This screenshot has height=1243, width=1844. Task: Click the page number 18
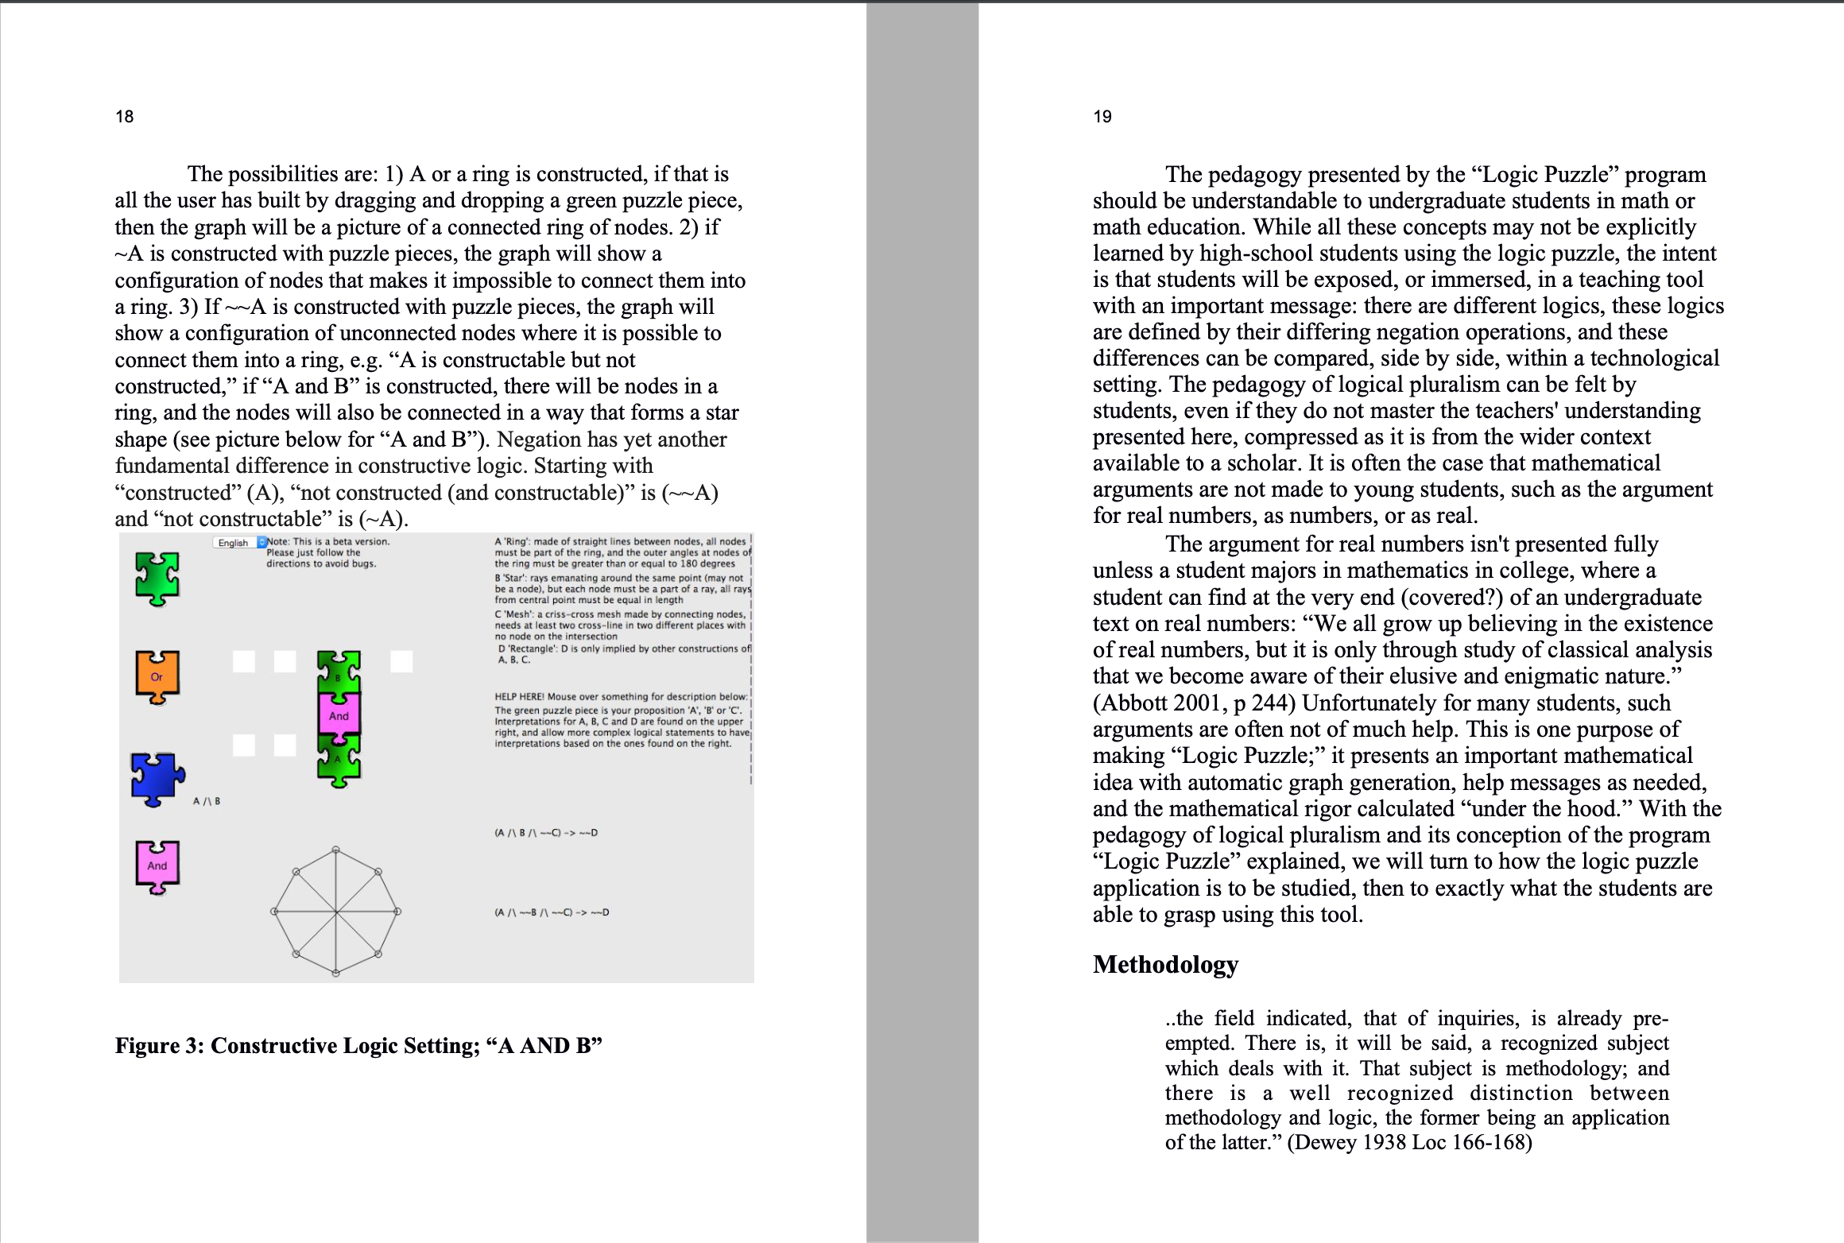[x=125, y=117]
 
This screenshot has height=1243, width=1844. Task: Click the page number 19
[x=1102, y=117]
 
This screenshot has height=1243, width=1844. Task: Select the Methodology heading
[x=1165, y=964]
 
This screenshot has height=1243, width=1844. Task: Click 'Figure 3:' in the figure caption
[x=159, y=1045]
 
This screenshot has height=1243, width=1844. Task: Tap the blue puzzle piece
[x=157, y=778]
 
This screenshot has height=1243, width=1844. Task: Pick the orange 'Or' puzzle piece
[x=157, y=677]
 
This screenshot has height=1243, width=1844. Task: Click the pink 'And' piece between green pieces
[x=339, y=715]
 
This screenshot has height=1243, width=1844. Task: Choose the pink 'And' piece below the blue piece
[x=157, y=865]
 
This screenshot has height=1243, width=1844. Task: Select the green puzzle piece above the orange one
[x=157, y=578]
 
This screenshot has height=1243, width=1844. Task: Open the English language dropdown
[x=239, y=543]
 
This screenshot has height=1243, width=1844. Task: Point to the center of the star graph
[x=336, y=912]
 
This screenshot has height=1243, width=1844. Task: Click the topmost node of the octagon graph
[x=336, y=850]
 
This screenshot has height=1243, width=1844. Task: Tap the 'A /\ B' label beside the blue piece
[x=207, y=801]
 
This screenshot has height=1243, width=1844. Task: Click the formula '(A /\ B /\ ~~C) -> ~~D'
[x=546, y=833]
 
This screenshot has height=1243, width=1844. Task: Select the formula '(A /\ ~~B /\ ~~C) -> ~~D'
[x=552, y=912]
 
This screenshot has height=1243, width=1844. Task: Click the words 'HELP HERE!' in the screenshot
[x=519, y=697]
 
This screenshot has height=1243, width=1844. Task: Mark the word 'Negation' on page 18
[x=539, y=440]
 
